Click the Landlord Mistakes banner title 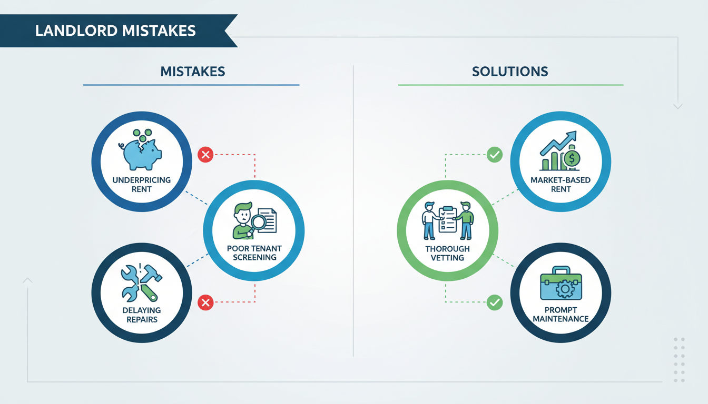click(x=115, y=31)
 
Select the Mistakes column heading click(x=193, y=72)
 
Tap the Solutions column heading click(x=510, y=72)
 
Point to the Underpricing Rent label click(x=142, y=185)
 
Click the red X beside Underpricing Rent click(x=205, y=155)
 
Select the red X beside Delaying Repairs click(x=205, y=302)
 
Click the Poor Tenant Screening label click(x=254, y=253)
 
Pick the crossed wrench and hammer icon click(x=141, y=283)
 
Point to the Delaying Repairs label click(x=142, y=315)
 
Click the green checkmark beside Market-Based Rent click(x=495, y=155)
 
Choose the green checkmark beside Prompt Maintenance click(x=495, y=302)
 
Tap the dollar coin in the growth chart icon click(x=572, y=158)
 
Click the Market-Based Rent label click(x=560, y=185)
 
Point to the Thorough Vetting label click(x=448, y=253)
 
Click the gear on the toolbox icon click(x=565, y=289)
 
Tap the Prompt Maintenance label click(x=560, y=315)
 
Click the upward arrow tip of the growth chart click(x=575, y=132)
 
